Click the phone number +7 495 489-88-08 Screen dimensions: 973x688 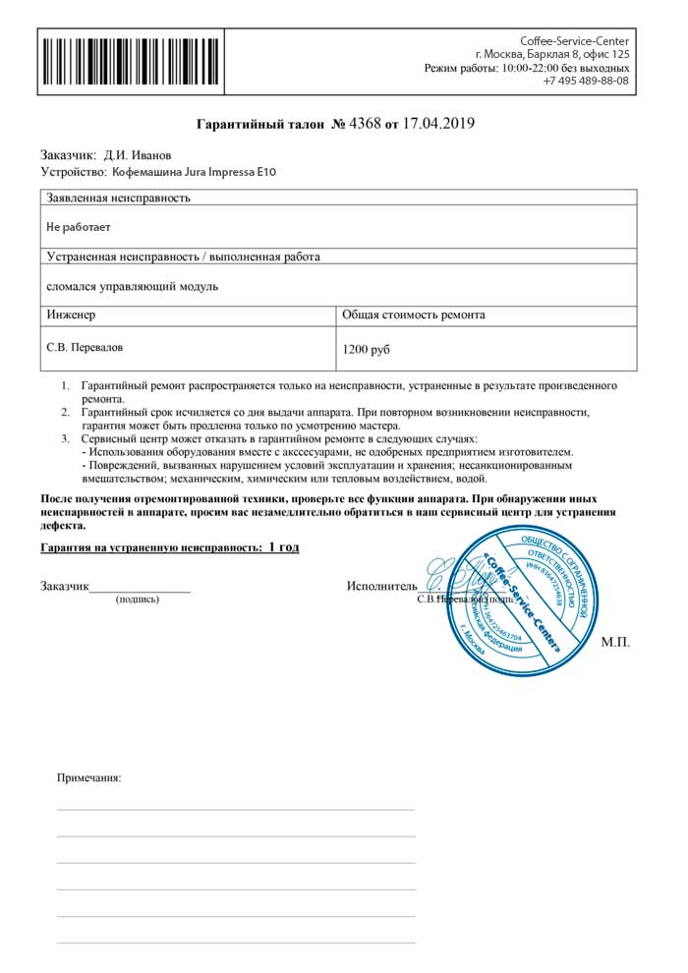(586, 81)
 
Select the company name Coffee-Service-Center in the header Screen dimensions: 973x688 (574, 40)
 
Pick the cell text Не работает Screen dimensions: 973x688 (79, 227)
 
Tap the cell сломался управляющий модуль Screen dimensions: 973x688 (132, 286)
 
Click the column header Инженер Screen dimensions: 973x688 (71, 315)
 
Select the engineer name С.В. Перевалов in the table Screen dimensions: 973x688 (86, 347)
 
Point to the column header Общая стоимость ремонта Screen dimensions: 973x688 (413, 315)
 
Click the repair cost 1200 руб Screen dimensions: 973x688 (367, 349)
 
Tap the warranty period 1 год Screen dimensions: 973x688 (283, 546)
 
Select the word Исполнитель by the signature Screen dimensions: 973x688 (381, 587)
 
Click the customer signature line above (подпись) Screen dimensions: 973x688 (140, 591)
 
